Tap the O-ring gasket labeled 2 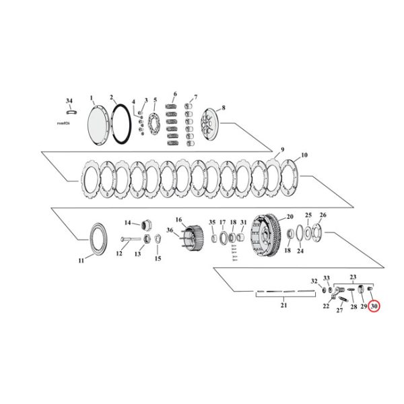tap(121, 122)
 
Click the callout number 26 tap(323, 215)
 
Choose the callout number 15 tap(158, 259)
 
